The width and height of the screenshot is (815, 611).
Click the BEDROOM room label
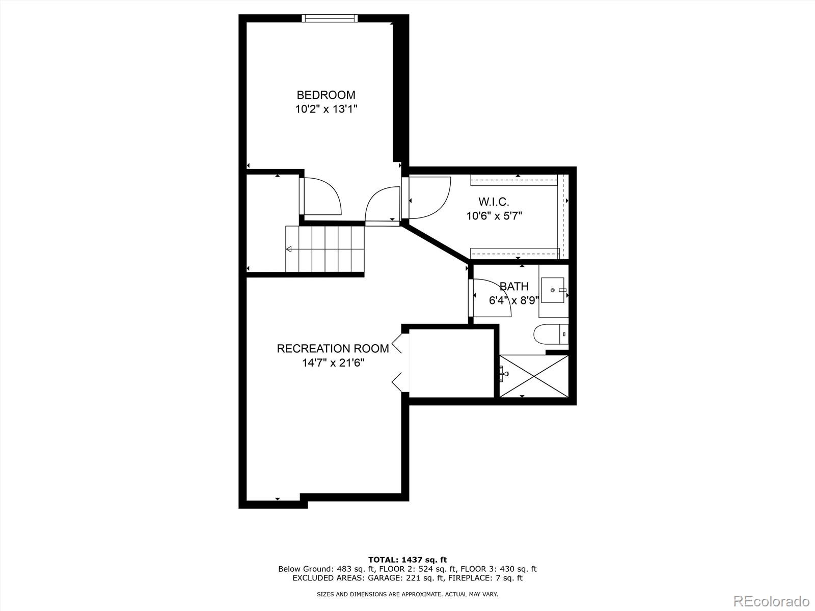coord(326,95)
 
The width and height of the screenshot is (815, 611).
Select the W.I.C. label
coord(494,202)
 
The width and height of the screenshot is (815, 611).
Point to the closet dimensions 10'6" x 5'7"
coord(494,216)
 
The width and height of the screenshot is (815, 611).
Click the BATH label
coord(514,287)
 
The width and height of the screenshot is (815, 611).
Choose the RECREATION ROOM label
coord(333,349)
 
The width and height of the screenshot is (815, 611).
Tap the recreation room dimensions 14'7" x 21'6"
coord(333,363)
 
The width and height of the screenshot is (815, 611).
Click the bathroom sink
coord(553,290)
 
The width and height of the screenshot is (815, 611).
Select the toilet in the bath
coord(550,335)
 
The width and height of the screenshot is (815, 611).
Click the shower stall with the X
coord(533,376)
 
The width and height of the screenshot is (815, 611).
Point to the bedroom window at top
coord(330,18)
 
